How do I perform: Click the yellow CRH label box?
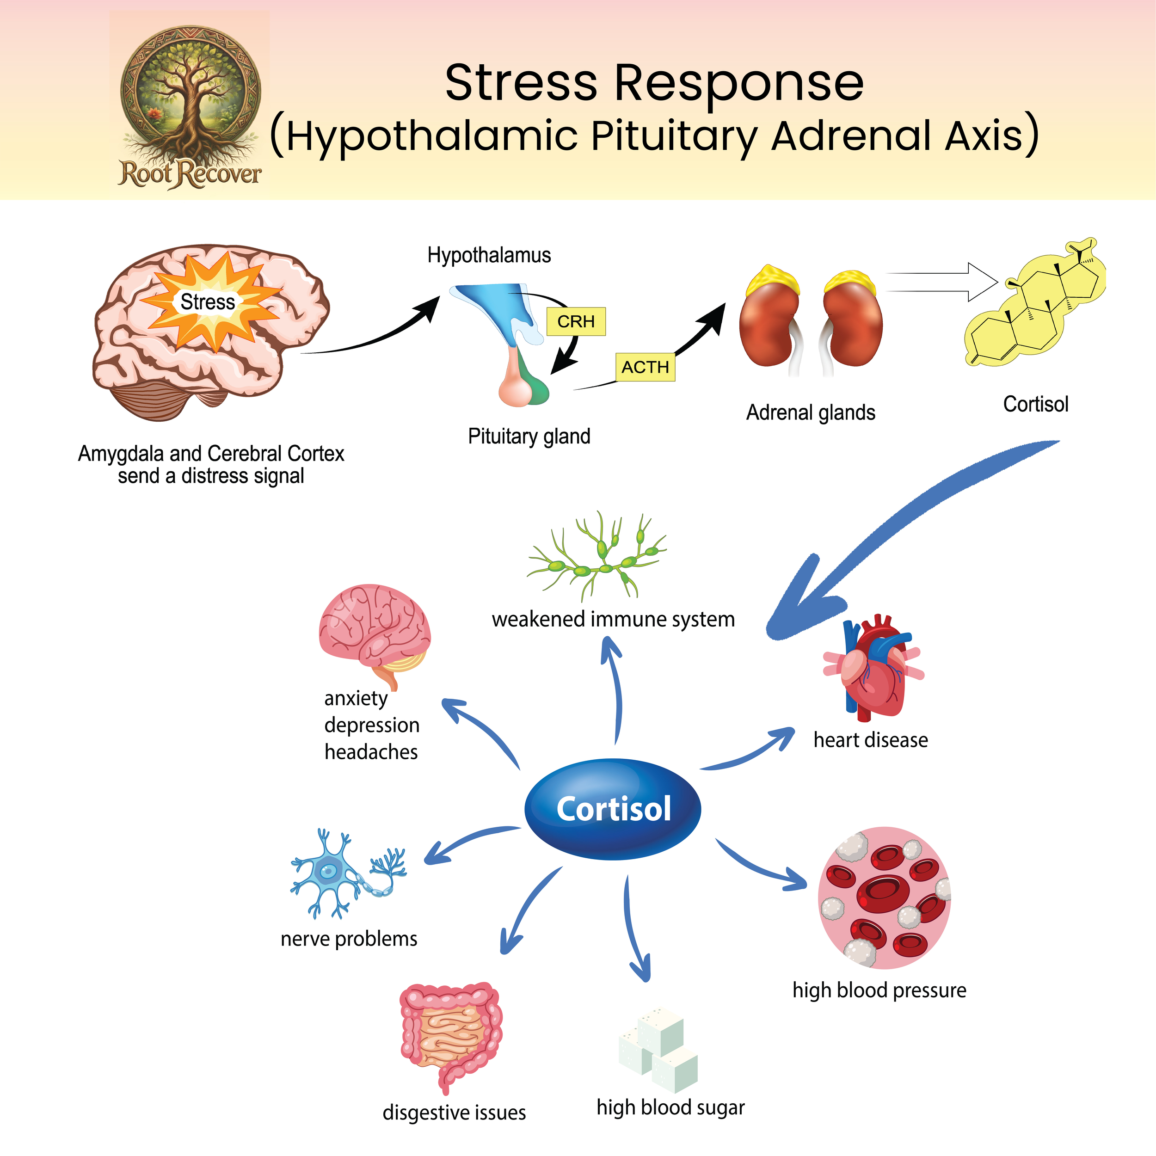(576, 321)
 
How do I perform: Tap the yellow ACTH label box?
(645, 367)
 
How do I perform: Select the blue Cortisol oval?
(613, 809)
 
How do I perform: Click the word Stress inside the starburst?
(208, 301)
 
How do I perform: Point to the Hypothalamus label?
(489, 256)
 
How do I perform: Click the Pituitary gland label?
(529, 436)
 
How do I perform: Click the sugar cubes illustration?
(658, 1050)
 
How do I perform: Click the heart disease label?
(871, 740)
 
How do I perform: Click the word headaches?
(371, 751)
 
